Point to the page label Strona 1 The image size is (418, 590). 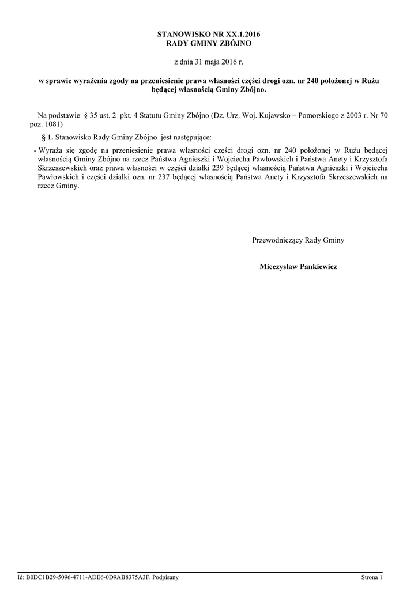tap(372, 577)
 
